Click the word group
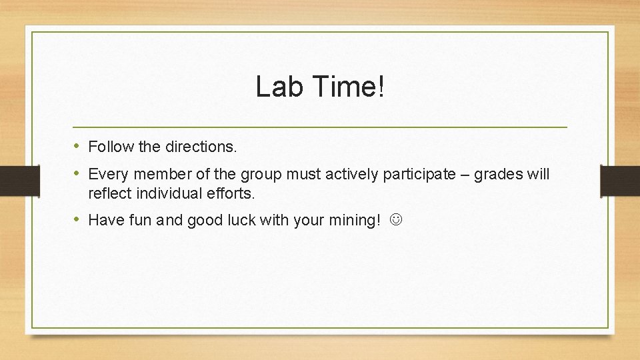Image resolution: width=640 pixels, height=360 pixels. [261, 175]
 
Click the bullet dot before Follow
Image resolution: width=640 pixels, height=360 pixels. [78, 145]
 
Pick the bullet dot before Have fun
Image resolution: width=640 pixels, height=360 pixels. [78, 219]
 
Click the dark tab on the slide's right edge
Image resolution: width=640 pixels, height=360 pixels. [620, 181]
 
